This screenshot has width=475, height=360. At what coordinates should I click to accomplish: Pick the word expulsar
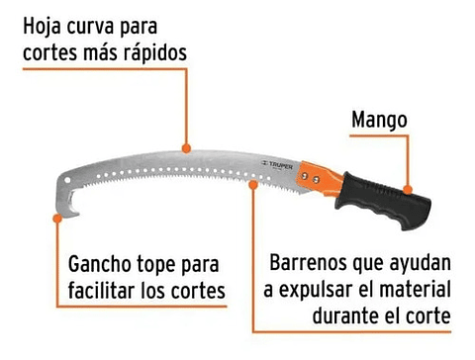click(331, 291)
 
